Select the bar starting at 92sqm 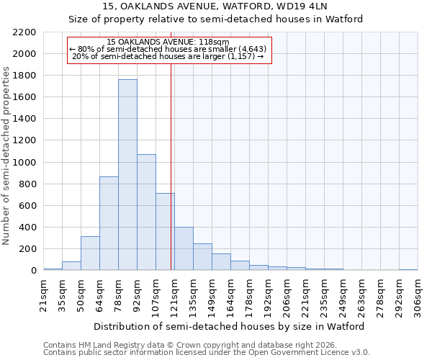146,212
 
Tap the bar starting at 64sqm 109,223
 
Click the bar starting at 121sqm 184,249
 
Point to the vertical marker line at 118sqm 171,166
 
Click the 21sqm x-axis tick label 44,295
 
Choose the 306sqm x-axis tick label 418,295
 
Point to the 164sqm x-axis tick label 231,295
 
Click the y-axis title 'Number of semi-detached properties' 7,156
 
